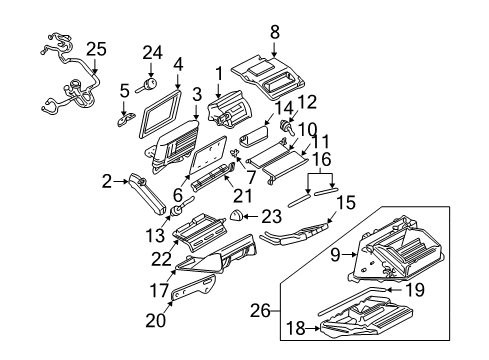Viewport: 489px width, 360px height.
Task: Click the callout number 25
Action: (x=95, y=47)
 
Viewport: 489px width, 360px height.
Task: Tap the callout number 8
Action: (x=275, y=32)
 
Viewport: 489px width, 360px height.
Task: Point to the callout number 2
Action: (x=107, y=181)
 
